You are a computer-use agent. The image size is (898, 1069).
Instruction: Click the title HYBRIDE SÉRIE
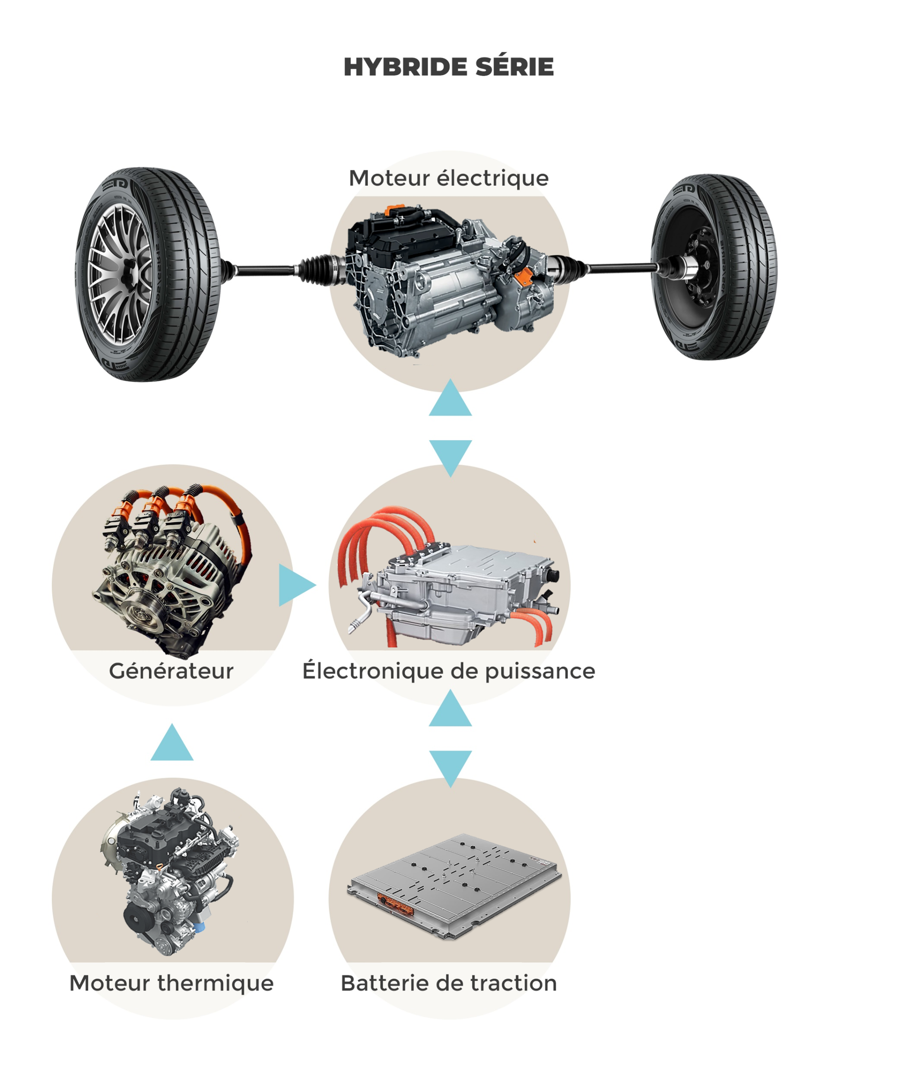pyautogui.click(x=448, y=67)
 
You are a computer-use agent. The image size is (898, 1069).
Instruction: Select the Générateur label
pyautogui.click(x=171, y=671)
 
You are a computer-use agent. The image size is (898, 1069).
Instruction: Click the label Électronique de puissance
pyautogui.click(x=448, y=671)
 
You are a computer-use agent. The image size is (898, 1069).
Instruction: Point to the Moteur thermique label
pyautogui.click(x=171, y=983)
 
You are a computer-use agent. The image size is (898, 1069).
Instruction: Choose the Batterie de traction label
pyautogui.click(x=448, y=983)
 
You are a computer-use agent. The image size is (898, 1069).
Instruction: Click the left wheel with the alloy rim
pyautogui.click(x=148, y=274)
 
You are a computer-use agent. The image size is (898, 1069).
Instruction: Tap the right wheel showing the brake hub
pyautogui.click(x=714, y=267)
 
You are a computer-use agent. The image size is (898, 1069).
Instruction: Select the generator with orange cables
pyautogui.click(x=171, y=570)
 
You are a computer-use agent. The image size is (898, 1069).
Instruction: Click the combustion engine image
pyautogui.click(x=171, y=870)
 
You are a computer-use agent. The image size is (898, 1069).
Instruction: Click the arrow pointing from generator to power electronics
pyautogui.click(x=295, y=585)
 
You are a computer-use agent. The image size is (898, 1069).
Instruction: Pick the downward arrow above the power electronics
pyautogui.click(x=450, y=454)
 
